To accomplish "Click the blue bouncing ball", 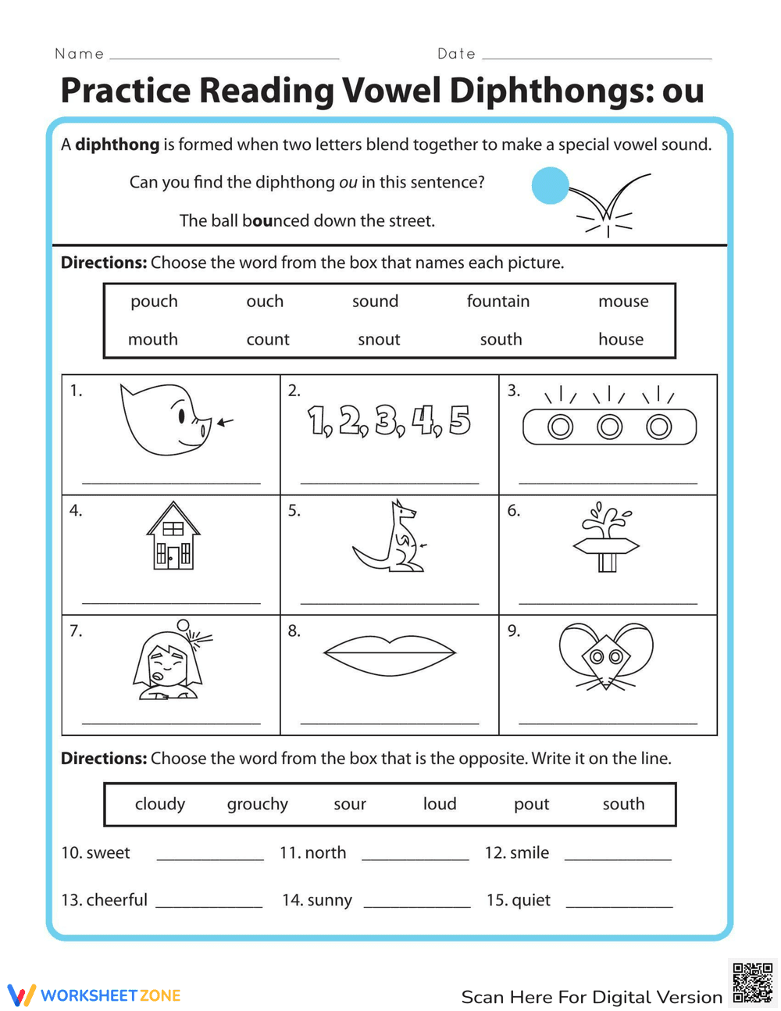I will (x=550, y=186).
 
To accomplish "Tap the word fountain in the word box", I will (x=497, y=302).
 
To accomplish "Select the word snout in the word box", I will (x=379, y=340).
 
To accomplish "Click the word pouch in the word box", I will (x=154, y=302).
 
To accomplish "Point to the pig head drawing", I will (x=166, y=420).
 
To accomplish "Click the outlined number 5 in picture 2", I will (x=459, y=420).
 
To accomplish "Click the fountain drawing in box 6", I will (x=607, y=538).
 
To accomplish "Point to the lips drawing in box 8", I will (x=389, y=652).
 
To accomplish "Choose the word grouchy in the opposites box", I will (x=258, y=805).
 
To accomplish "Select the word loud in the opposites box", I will (x=440, y=805).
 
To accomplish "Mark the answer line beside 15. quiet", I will (x=619, y=906).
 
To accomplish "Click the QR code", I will (x=753, y=982).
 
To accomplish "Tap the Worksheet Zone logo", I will (x=94, y=995).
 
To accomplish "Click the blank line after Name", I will (x=224, y=57).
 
